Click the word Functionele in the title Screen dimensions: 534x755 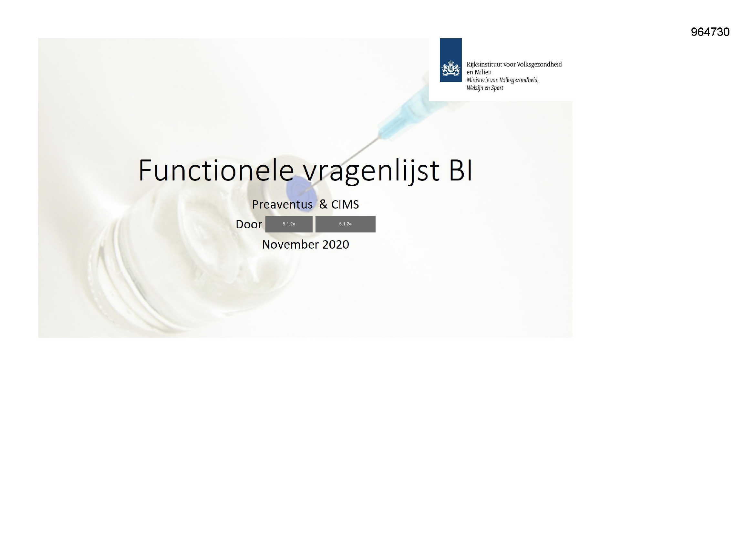click(215, 170)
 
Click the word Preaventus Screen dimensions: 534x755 click(282, 204)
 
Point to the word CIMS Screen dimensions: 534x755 click(345, 204)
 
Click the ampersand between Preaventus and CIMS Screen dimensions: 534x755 click(323, 204)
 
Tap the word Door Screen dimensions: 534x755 click(249, 225)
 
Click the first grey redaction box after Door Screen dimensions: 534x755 click(289, 224)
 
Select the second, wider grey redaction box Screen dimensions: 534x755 click(345, 224)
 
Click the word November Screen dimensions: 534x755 click(290, 245)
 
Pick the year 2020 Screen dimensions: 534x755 click(336, 245)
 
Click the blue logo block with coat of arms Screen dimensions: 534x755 click(450, 60)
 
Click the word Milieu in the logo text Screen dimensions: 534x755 click(483, 72)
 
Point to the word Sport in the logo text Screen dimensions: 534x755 click(497, 88)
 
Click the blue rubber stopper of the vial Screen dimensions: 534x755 click(300, 189)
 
